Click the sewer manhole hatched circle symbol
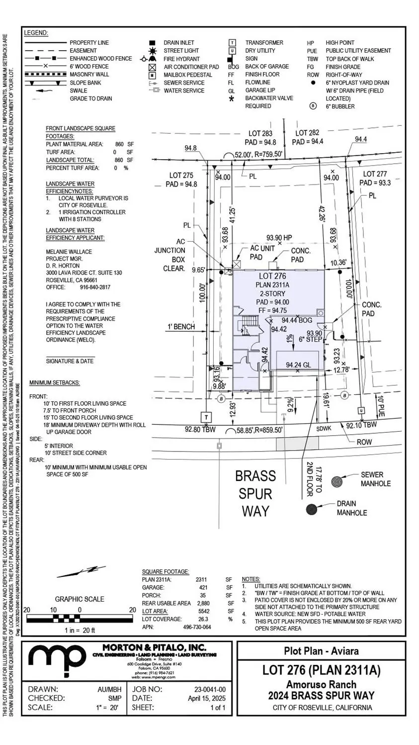pos(337,481)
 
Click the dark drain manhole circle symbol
pos(312,509)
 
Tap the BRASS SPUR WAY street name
pos(255,493)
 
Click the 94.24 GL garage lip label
pos(298,365)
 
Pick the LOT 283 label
pos(260,133)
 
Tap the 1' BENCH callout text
pos(181,327)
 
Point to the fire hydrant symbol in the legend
pos(153,59)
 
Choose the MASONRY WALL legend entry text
pos(89,75)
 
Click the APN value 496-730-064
pos(197,627)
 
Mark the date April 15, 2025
pos(206,698)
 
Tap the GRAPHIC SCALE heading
pos(80,599)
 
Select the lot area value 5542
pos(201,611)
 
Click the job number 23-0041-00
pos(209,689)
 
